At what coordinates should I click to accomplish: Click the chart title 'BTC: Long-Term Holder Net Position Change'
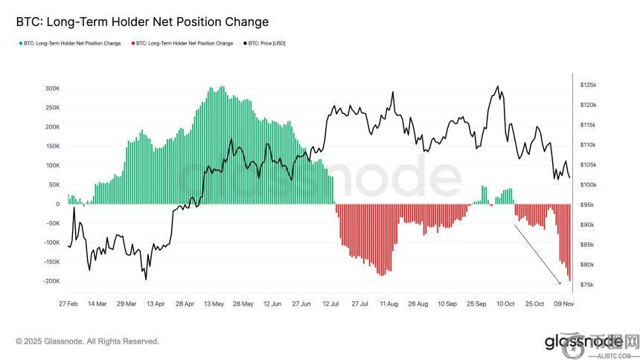tap(142, 22)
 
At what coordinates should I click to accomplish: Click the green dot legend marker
tap(20, 43)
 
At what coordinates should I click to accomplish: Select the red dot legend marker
tap(132, 43)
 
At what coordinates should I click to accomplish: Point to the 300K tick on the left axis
tap(52, 88)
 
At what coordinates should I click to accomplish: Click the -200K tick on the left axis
tap(51, 281)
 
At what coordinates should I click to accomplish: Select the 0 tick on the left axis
tap(57, 204)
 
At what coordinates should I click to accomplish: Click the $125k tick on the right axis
tap(588, 86)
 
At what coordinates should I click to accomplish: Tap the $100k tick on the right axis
tap(588, 185)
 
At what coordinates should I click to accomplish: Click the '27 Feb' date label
tap(68, 304)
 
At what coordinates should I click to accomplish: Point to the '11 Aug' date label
tap(388, 304)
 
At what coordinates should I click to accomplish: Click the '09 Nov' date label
tap(563, 304)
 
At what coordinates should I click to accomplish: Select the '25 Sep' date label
tap(476, 304)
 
